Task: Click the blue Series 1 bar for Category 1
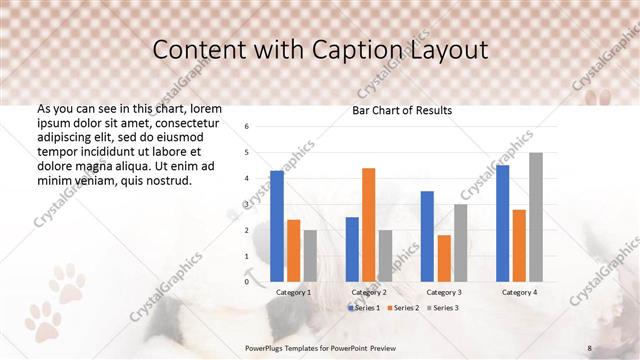click(x=277, y=226)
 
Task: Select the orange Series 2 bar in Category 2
click(x=368, y=225)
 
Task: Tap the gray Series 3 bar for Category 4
click(x=536, y=217)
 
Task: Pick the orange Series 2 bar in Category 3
click(x=444, y=258)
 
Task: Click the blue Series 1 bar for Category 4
click(x=502, y=223)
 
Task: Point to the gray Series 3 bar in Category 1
click(x=310, y=255)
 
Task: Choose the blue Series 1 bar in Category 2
click(x=352, y=249)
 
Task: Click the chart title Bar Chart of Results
click(x=403, y=110)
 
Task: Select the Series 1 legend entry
click(x=364, y=307)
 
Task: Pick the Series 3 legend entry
click(x=443, y=307)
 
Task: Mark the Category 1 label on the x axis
click(x=293, y=292)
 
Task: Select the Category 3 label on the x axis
click(x=444, y=292)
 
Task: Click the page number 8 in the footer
click(x=589, y=347)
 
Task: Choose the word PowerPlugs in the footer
click(x=267, y=347)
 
